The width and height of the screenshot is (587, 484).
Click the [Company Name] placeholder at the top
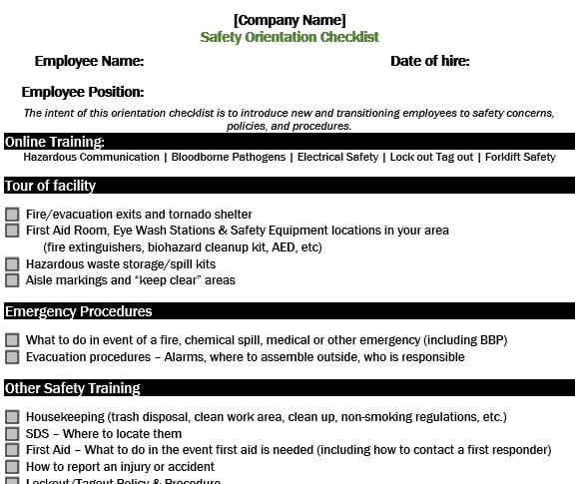point(290,20)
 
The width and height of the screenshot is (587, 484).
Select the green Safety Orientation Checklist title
point(290,37)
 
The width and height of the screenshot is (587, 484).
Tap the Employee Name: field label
point(89,61)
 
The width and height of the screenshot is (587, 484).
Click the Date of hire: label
point(429,61)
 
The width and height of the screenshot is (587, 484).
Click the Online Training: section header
point(55,142)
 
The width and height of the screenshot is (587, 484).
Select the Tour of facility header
point(50,186)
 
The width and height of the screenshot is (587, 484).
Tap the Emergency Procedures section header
point(78,311)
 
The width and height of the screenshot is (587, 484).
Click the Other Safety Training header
point(72,388)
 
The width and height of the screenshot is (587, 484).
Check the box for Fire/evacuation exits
point(12,215)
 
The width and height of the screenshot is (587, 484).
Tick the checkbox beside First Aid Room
point(12,231)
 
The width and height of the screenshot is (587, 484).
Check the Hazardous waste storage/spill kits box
point(12,264)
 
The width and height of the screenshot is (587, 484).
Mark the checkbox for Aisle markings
point(12,280)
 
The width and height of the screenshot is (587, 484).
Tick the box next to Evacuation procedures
point(12,357)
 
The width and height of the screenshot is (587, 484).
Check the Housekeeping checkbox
point(12,417)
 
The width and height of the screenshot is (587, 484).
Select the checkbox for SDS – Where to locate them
point(12,434)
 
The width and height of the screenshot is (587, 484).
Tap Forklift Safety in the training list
point(520,157)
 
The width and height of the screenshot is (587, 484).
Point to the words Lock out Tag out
point(430,157)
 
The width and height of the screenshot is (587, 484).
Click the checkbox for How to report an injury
point(12,467)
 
